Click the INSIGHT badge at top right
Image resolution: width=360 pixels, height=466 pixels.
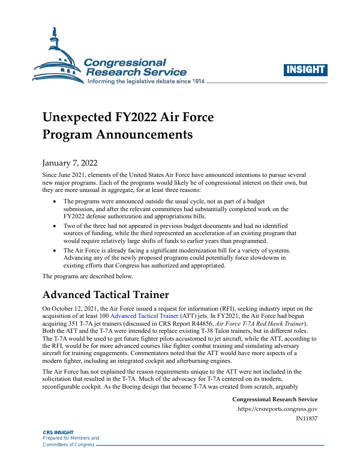pyautogui.click(x=305, y=69)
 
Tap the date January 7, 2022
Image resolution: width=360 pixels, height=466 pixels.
pyautogui.click(x=70, y=163)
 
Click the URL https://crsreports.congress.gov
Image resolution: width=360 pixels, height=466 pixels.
pyautogui.click(x=278, y=409)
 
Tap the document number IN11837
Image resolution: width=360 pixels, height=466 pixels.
pyautogui.click(x=307, y=419)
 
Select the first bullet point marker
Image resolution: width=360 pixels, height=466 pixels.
pyautogui.click(x=56, y=202)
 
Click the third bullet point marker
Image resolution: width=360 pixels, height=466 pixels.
pyautogui.click(x=56, y=250)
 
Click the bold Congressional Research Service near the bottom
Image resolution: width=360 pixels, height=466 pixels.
pyautogui.click(x=274, y=399)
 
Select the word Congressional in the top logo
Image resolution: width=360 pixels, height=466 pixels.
pyautogui.click(x=125, y=62)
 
